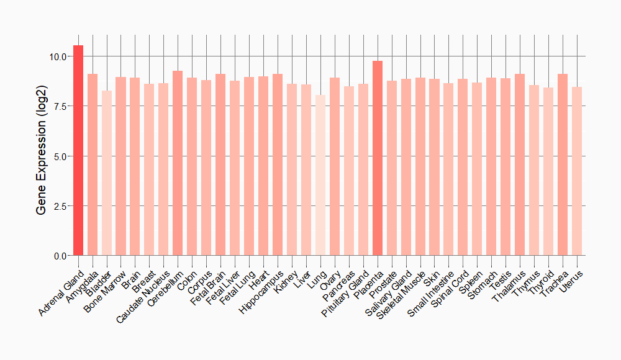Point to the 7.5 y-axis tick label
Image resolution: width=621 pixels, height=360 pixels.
coord(60,106)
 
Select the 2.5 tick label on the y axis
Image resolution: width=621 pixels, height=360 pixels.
coord(60,205)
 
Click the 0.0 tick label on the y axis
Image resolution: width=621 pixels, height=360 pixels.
coord(60,255)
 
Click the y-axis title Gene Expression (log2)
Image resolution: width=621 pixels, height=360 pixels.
coord(41,156)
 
